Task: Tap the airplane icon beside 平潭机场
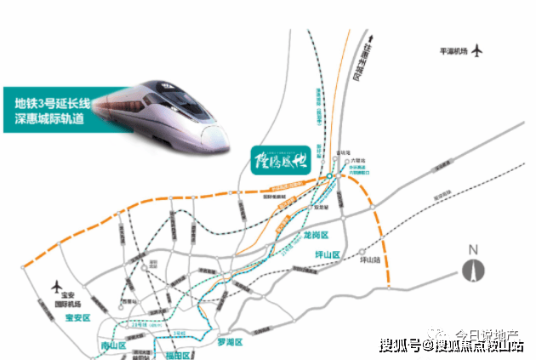(x=478, y=50)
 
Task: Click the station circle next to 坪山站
(x=362, y=253)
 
